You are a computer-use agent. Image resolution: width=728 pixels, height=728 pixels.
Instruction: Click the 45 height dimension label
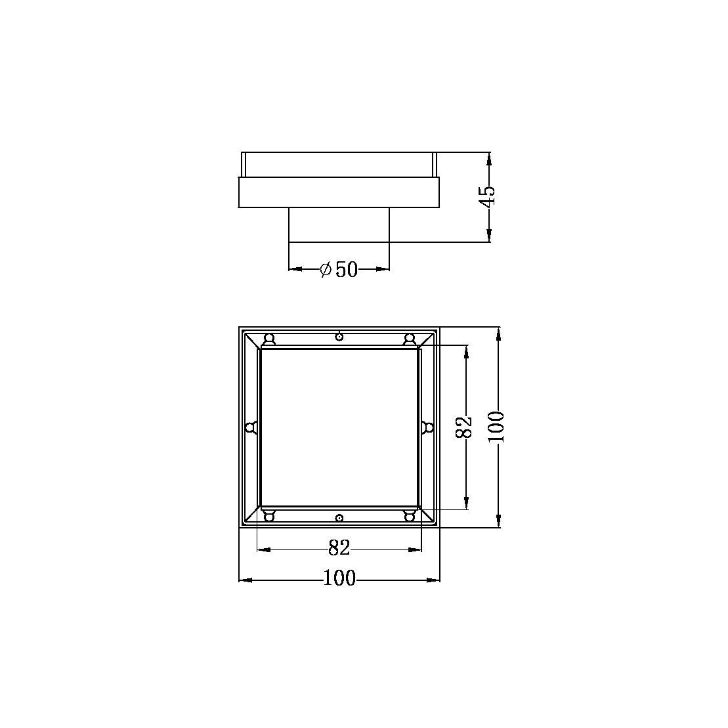tap(488, 196)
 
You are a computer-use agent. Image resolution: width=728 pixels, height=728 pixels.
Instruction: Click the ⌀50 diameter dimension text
tap(339, 269)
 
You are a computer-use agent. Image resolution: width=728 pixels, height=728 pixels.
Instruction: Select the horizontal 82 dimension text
tap(339, 547)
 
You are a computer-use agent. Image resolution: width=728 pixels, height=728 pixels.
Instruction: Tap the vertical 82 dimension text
tap(464, 427)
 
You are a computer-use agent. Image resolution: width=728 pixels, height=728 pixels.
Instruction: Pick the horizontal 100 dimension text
tap(339, 578)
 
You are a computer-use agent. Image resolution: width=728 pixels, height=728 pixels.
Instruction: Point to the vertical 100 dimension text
tap(498, 427)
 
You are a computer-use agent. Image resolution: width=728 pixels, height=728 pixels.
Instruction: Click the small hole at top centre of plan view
tap(339, 337)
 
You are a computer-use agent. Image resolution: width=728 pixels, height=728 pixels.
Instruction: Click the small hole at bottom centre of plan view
tap(339, 518)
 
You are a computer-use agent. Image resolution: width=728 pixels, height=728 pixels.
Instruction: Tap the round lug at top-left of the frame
tap(268, 339)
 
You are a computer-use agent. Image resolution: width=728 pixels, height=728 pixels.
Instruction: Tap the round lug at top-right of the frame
tap(410, 339)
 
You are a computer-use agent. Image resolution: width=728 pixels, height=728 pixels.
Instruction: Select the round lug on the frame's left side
tap(250, 428)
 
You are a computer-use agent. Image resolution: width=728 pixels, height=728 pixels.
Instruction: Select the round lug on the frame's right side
tap(428, 428)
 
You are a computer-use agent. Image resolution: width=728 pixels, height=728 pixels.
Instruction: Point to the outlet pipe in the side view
tap(339, 225)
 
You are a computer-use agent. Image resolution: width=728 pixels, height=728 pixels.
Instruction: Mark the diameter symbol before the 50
tap(326, 269)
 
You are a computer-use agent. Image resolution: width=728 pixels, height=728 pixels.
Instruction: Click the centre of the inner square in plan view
tap(339, 427)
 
